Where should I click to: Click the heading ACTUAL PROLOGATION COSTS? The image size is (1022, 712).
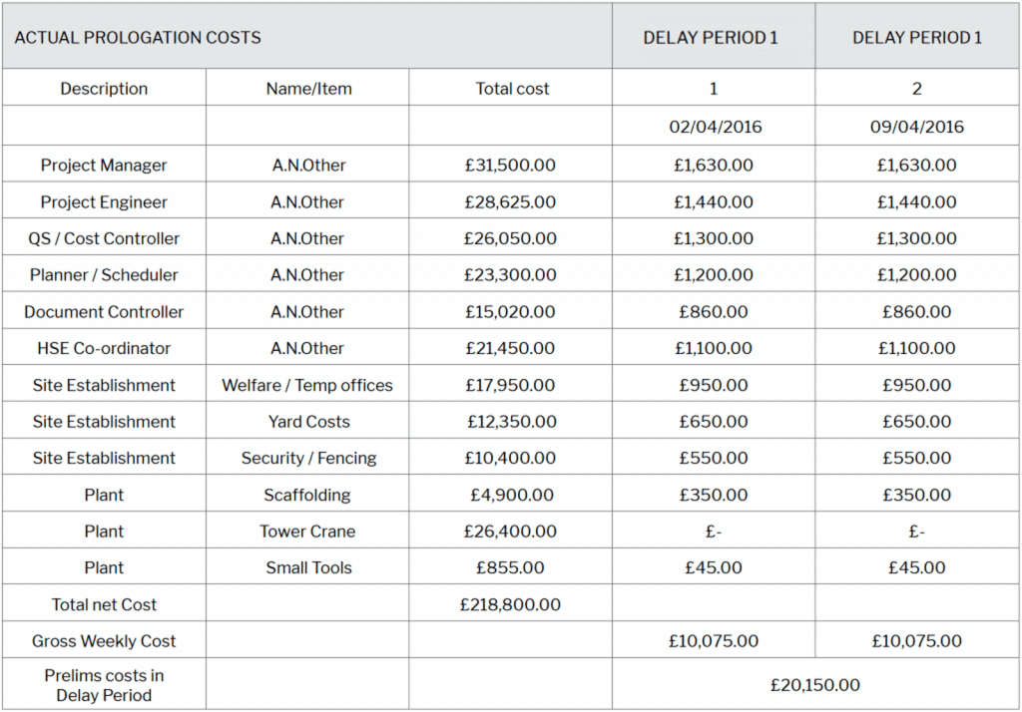point(138,38)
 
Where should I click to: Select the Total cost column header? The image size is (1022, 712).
point(512,89)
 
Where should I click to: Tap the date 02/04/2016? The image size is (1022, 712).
point(714,127)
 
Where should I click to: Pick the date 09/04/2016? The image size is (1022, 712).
point(917,127)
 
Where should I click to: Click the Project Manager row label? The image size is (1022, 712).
point(104,166)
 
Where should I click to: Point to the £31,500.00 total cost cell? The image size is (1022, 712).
point(510,166)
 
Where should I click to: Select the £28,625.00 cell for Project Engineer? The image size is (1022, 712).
point(510,202)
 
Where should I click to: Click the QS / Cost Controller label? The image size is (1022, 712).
point(104,238)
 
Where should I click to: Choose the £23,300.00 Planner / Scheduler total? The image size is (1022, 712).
point(510,275)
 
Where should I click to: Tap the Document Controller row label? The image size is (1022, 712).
point(104,312)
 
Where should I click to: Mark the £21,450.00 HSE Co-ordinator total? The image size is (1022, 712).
point(510,348)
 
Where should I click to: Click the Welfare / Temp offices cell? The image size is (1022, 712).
point(307,385)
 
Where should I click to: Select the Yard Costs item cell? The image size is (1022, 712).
point(308,422)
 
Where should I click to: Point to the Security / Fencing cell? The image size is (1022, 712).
point(308,459)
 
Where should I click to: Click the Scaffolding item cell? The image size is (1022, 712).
point(307,496)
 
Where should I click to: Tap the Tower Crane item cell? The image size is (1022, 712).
point(307,532)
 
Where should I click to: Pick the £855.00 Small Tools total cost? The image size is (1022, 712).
point(510,568)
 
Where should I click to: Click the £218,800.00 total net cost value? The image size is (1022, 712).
point(510,604)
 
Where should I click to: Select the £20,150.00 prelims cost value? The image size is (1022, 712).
point(814,685)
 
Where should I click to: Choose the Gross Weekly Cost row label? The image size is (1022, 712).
point(104,641)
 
